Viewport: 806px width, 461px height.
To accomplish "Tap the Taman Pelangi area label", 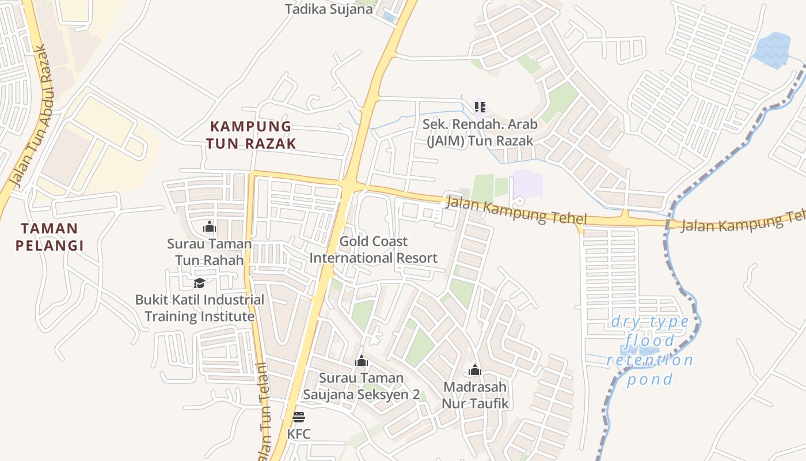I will point(50,237).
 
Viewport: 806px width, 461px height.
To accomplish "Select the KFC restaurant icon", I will point(298,417).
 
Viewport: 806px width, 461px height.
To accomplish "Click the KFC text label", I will point(298,434).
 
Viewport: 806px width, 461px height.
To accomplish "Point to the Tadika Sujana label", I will point(329,9).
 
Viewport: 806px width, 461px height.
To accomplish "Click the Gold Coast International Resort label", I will point(373,250).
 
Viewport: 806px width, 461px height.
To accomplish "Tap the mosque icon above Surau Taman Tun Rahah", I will point(209,227).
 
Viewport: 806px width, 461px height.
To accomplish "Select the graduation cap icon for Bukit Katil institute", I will point(199,283).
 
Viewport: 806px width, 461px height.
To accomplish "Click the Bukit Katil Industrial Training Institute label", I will point(199,308).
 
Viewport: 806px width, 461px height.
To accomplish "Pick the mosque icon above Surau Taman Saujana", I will point(362,361).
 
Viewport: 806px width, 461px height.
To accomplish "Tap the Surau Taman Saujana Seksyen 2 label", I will point(362,386).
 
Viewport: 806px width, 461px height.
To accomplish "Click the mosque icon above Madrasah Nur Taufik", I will point(475,370).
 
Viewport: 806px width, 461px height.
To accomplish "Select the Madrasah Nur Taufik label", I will point(475,395).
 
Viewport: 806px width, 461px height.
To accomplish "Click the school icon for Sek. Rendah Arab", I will point(480,107).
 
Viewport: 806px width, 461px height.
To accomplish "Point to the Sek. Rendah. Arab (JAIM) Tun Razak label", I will point(480,132).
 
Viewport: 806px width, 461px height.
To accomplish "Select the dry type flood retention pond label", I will point(650,350).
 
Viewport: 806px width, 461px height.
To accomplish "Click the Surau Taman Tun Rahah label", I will point(209,252).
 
